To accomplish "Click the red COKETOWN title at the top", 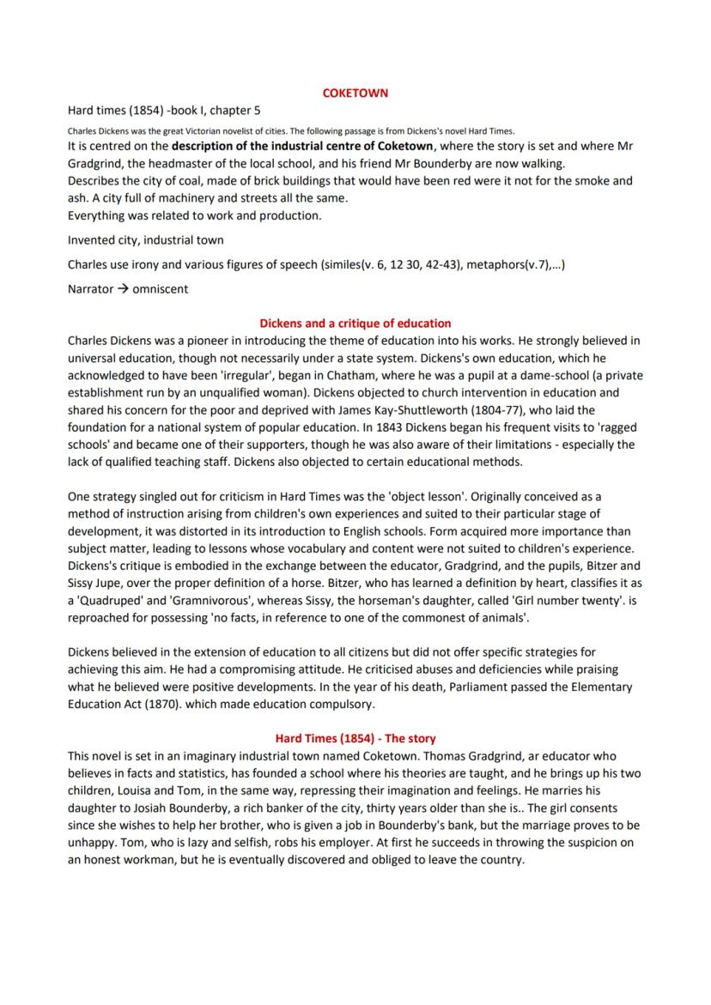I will [x=355, y=93].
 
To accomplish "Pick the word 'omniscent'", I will [x=161, y=289].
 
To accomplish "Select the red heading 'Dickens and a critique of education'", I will [x=355, y=324].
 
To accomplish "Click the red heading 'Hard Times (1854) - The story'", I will [x=355, y=738].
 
